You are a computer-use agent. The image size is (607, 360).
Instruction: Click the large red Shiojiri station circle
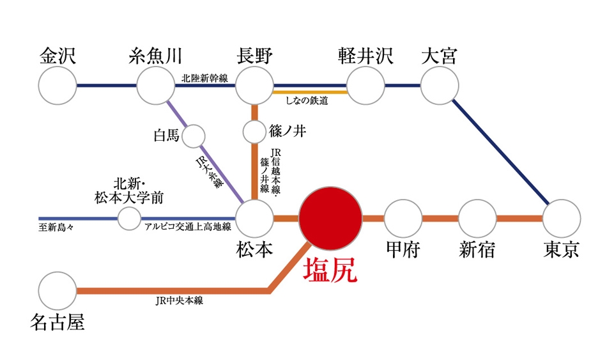[330, 219]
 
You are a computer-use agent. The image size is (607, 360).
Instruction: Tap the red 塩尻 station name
[330, 270]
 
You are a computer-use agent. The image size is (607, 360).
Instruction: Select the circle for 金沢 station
[58, 86]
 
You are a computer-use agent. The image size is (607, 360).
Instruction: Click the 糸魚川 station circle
[156, 86]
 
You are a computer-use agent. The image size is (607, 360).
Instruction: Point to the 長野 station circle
[255, 86]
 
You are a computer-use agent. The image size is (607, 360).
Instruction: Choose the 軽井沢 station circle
[366, 86]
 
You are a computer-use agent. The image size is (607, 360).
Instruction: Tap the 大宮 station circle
[440, 86]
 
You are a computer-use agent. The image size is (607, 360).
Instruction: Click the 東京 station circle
[562, 219]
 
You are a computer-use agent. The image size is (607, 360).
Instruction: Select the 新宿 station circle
[477, 219]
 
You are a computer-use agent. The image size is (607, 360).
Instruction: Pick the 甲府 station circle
[403, 219]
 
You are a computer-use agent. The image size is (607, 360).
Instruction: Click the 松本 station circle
[255, 219]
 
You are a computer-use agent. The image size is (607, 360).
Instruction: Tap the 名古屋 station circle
[58, 291]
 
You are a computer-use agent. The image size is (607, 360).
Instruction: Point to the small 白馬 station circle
[193, 136]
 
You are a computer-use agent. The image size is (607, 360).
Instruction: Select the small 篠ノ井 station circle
[254, 132]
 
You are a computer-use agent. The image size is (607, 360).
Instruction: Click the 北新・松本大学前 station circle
[129, 219]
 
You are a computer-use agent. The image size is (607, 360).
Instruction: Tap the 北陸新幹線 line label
[205, 78]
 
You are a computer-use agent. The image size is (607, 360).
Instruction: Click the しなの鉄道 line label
[307, 101]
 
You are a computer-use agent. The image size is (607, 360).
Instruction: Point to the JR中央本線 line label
[180, 301]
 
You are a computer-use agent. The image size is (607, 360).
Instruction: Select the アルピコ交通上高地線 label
[188, 227]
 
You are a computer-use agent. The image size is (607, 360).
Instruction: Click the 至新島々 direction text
[56, 228]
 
